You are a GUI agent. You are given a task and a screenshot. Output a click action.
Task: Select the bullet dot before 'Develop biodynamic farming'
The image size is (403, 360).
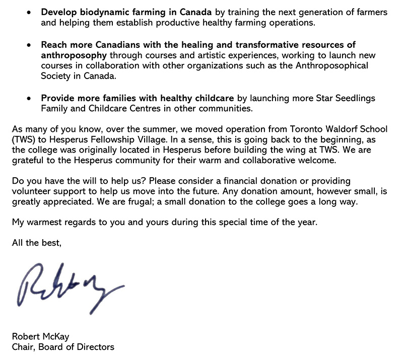(31, 12)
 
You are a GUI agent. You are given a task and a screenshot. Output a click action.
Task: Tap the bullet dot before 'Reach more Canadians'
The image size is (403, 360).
(31, 46)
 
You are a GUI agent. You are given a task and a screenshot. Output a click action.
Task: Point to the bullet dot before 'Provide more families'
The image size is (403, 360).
(31, 98)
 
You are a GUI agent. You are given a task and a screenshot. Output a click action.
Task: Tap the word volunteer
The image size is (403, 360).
(30, 190)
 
